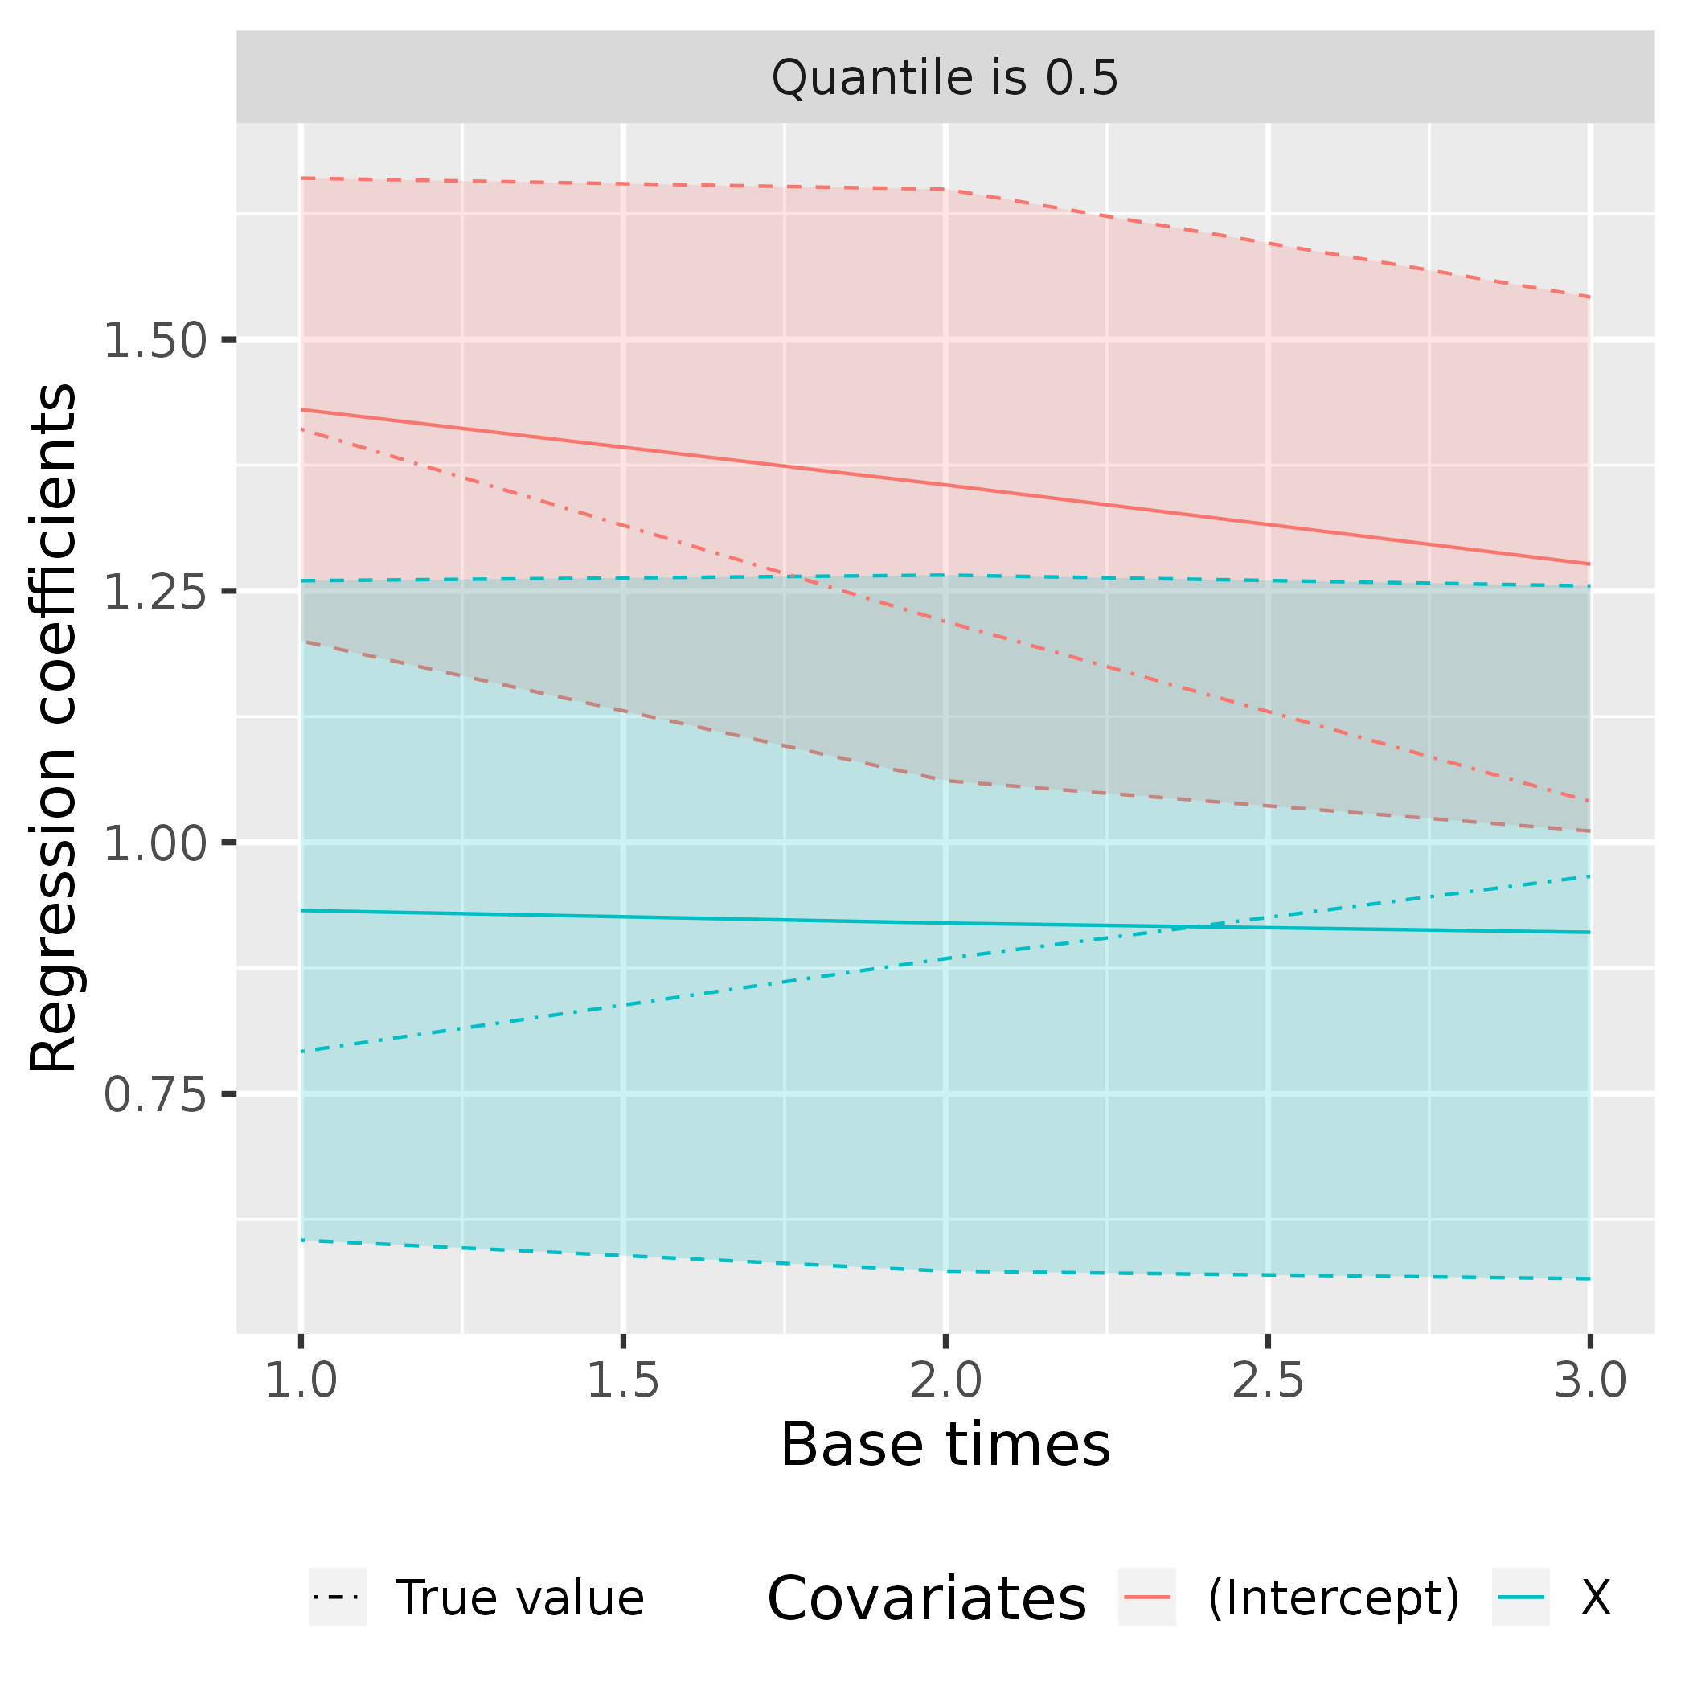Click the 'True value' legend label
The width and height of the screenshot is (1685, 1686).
[x=520, y=1597]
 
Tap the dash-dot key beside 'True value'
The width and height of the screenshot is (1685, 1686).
[x=337, y=1597]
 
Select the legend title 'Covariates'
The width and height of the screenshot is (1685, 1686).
[x=926, y=1598]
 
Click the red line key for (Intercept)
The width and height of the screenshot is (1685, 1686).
[x=1146, y=1597]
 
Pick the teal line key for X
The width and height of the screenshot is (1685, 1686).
[x=1520, y=1597]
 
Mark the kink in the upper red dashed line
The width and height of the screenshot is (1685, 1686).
[x=947, y=190]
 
